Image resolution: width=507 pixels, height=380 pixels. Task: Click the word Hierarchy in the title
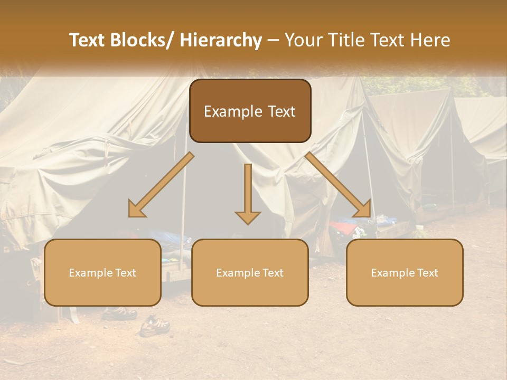point(221,41)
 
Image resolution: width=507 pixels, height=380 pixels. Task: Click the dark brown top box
point(250,111)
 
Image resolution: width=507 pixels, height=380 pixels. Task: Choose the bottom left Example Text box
point(102,272)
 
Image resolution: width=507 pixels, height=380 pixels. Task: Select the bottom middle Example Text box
point(250,272)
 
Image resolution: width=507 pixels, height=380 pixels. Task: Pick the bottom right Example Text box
point(405,272)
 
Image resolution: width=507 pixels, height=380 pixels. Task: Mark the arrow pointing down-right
point(339,185)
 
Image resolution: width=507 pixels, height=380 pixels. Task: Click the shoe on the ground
point(154,326)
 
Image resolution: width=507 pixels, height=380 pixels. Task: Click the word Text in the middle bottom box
point(272,273)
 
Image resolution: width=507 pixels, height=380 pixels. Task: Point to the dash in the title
point(273,41)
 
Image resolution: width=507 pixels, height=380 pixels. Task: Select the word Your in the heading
point(303,41)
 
